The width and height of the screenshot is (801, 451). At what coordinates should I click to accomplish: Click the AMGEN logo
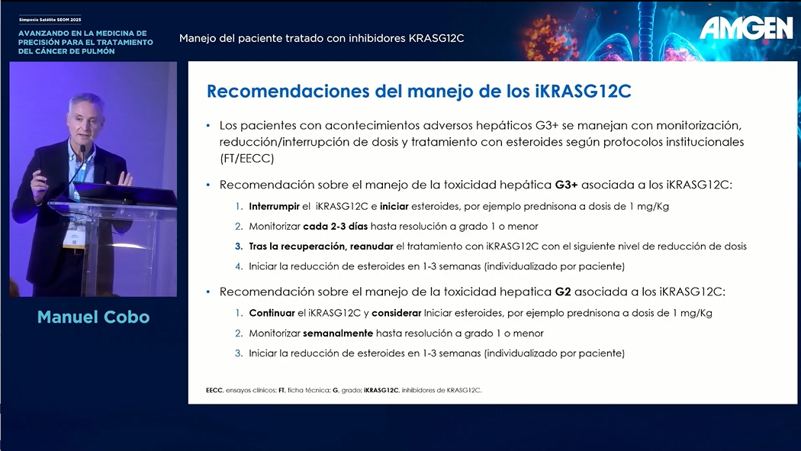pos(746,27)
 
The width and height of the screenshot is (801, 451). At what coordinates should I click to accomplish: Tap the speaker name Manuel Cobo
pos(94,317)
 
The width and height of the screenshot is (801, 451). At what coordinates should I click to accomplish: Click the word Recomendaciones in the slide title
pos(288,91)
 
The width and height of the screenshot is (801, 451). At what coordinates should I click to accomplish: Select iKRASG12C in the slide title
pos(583,91)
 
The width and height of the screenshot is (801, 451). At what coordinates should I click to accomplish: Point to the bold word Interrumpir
pos(274,206)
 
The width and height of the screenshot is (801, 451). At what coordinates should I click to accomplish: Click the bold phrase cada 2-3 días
pos(335,226)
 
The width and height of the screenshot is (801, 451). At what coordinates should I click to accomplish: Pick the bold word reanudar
pos(372,246)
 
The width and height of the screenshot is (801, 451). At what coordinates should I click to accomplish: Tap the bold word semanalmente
pos(338,333)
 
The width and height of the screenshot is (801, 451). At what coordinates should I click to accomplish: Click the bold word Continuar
pos(272,313)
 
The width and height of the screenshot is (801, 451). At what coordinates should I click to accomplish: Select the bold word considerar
pos(397,313)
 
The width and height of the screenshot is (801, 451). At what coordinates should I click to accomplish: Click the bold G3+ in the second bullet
pos(566,185)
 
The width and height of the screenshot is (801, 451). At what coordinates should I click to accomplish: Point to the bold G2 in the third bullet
pos(562,292)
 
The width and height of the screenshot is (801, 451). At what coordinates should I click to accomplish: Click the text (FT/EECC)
pos(246,158)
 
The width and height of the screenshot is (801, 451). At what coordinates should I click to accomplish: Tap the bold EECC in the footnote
pos(214,390)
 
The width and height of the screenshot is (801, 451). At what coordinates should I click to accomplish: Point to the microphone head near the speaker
pos(82,149)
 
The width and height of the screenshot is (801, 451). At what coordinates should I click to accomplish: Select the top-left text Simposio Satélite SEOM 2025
pos(50,19)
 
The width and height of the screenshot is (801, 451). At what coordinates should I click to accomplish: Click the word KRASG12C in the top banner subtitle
pos(436,38)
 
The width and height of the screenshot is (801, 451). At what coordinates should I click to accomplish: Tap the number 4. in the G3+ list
pos(239,266)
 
